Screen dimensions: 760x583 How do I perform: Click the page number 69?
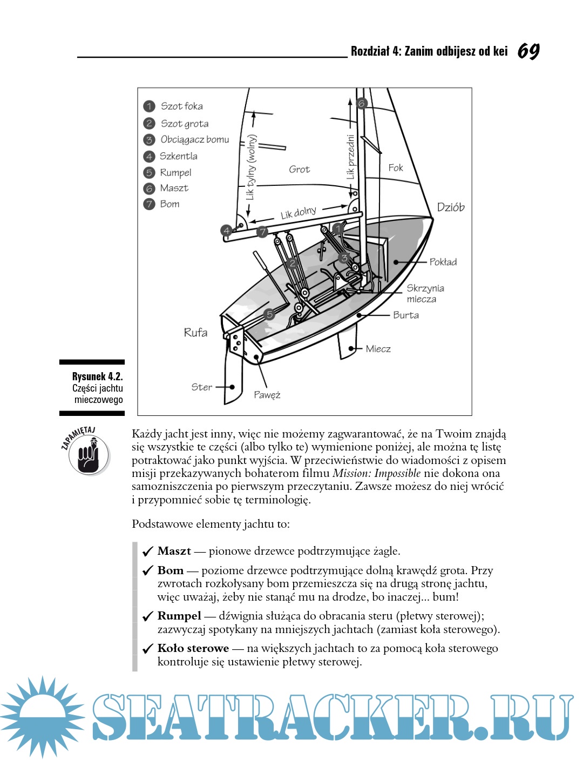coord(528,51)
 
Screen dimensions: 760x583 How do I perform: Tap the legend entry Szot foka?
coord(181,106)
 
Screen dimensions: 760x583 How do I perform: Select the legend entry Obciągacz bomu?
coord(194,140)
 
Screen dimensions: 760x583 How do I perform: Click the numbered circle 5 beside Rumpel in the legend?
coord(149,173)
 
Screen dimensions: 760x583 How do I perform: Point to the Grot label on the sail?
coord(299,170)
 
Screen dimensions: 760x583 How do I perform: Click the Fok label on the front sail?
coord(396,168)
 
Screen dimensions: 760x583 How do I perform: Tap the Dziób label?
coord(451,207)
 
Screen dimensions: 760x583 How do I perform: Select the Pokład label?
coord(443,262)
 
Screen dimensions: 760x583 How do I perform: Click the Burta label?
coord(405,315)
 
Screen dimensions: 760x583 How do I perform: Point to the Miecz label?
coord(378,349)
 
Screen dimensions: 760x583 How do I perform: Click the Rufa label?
coord(195,333)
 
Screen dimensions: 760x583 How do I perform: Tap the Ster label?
coord(202,387)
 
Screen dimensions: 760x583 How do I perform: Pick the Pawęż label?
coord(267,395)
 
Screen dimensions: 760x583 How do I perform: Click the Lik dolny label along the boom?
coord(298,212)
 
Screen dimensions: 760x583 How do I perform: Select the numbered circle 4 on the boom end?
coord(227,231)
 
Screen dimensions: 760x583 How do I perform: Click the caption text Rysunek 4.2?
coord(97,376)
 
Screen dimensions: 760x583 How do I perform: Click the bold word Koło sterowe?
coord(193,648)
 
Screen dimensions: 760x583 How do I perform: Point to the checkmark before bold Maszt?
coord(147,551)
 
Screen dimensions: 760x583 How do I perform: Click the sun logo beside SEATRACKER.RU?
coord(42,716)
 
